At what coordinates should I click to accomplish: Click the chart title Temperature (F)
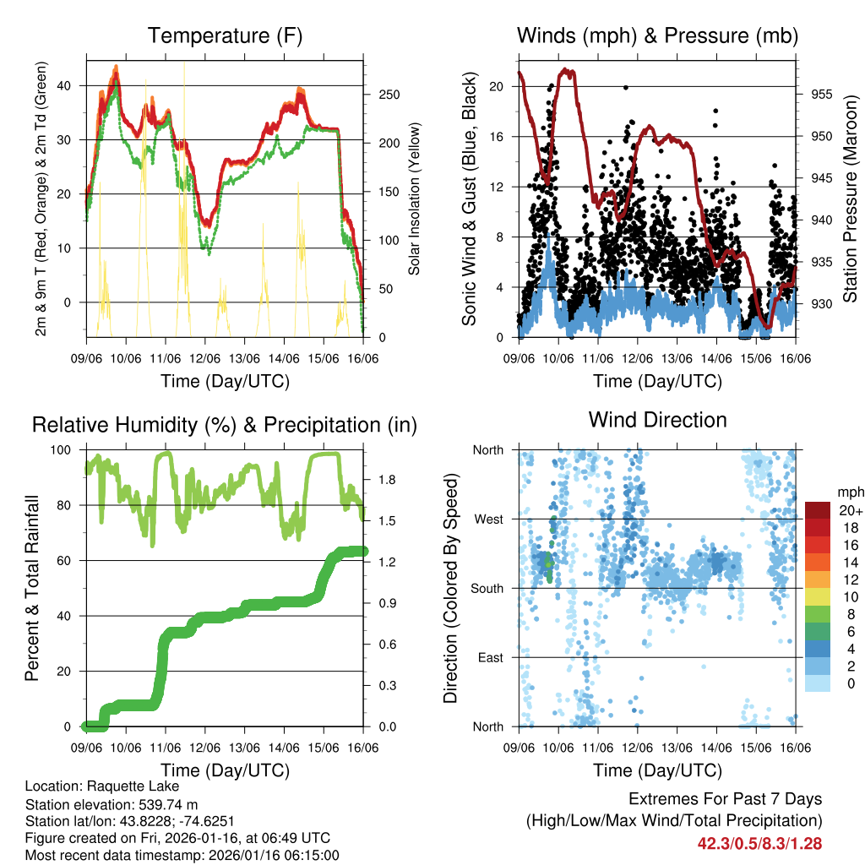225,35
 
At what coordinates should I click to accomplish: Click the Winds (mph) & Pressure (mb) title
657,35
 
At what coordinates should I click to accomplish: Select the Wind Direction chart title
657,420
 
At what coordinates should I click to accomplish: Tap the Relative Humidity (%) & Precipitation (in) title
225,425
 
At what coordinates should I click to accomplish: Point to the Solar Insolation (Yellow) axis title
414,199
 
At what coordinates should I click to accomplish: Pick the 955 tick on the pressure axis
822,94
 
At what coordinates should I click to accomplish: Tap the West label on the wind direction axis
489,519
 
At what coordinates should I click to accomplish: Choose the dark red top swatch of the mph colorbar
818,511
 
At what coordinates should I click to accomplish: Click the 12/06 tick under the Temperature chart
205,358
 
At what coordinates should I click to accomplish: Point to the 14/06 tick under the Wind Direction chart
717,748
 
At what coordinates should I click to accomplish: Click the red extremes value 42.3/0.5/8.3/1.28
759,843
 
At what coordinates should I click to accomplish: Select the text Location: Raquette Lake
97,786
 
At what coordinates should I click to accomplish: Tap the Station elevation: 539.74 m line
112,803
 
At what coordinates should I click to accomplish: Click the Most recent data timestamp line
182,855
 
